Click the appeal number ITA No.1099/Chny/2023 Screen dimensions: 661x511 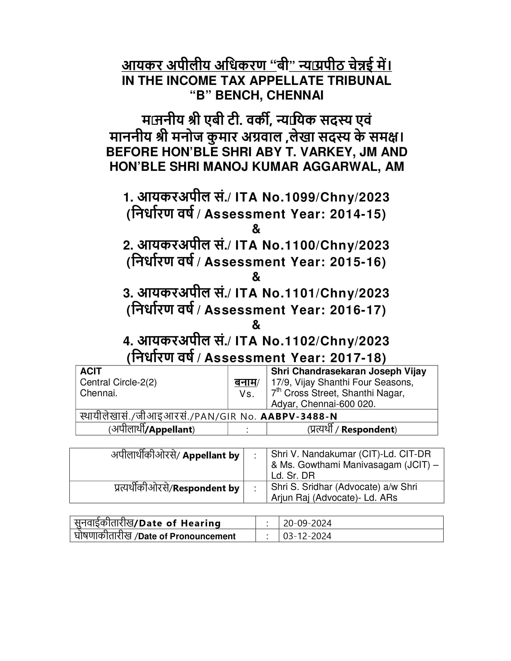pyautogui.click(x=312, y=197)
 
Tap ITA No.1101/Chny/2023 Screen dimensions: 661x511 pyautogui.click(x=312, y=293)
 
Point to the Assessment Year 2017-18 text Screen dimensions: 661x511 pyautogui.click(x=295, y=358)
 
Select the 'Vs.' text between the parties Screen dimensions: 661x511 pyautogui.click(x=247, y=394)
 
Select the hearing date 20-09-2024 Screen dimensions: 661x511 pyautogui.click(x=307, y=523)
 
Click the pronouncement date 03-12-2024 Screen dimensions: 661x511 pyautogui.click(x=307, y=536)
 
